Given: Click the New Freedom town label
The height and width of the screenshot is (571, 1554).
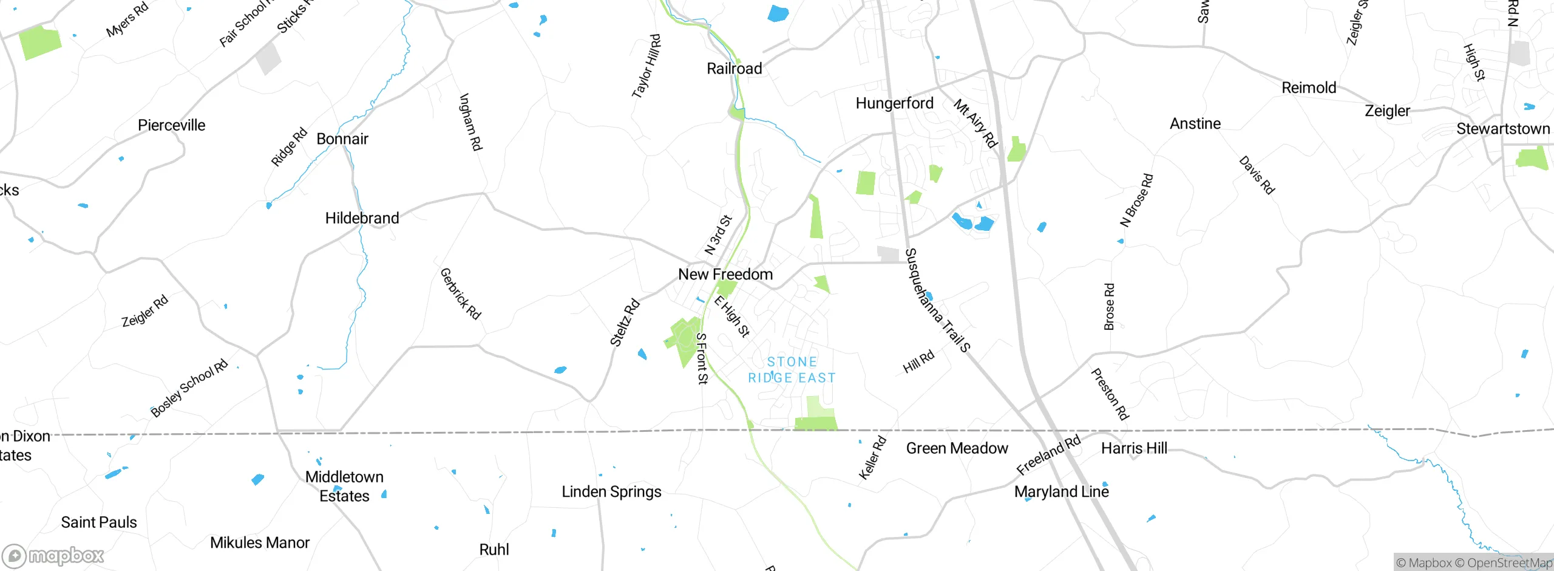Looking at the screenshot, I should point(725,275).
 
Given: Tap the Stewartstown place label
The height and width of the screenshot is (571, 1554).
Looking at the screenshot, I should point(1503,129).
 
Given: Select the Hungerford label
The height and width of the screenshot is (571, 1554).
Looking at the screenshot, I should point(894,103).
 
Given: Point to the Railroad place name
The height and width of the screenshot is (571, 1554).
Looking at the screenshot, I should point(734,69).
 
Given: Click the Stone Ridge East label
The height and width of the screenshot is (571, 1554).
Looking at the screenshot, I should point(792,370).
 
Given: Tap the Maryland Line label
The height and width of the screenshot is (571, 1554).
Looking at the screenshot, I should point(1061,491).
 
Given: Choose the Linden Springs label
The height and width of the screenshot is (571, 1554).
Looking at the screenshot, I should point(611,491).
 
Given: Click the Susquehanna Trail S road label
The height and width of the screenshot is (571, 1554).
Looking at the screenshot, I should point(937,301).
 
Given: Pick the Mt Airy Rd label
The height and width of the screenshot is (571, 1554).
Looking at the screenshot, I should point(975,124).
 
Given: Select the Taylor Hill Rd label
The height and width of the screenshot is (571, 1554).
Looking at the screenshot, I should point(646,66).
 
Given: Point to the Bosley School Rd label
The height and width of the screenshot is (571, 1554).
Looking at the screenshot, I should point(189,388).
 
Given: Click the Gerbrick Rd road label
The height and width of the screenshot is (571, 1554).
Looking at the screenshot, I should point(460,294).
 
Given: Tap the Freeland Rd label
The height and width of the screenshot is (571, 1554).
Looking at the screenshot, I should point(1048,455).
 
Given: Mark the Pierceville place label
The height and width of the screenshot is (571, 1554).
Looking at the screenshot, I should point(171,126).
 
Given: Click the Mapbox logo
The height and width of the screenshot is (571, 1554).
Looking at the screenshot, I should point(53,555).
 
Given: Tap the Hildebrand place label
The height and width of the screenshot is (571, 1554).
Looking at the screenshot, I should point(362,218).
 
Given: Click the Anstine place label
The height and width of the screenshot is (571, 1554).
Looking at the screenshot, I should point(1195,124).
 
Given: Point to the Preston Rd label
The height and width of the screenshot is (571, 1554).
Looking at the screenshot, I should point(1110,394).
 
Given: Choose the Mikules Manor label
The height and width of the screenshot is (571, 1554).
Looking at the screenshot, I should point(260,542).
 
